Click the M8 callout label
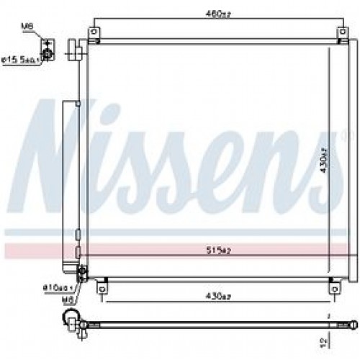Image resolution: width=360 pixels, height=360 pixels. point(27,27)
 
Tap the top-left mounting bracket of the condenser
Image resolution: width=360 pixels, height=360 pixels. point(94,33)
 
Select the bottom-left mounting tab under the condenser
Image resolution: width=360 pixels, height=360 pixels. point(102,289)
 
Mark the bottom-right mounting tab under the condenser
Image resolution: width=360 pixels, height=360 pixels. point(332,287)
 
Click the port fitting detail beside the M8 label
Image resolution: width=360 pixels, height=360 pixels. point(48,53)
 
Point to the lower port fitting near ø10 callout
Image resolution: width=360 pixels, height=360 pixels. point(81,272)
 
